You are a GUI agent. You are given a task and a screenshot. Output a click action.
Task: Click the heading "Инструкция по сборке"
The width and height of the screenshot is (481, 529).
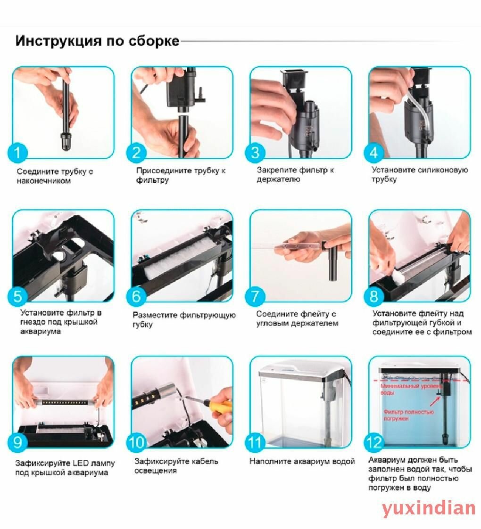pyautogui.click(x=97, y=41)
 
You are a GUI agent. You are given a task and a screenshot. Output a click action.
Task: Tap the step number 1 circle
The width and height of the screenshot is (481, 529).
pyautogui.click(x=17, y=153)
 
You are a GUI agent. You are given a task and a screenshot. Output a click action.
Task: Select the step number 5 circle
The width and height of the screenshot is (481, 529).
pyautogui.click(x=17, y=296)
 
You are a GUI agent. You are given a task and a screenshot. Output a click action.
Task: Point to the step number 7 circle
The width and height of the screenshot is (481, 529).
pyautogui.click(x=255, y=296)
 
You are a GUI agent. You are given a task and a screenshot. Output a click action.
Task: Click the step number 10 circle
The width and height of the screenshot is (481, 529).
pyautogui.click(x=136, y=442)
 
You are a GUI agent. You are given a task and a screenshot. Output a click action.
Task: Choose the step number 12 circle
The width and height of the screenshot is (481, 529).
pyautogui.click(x=374, y=442)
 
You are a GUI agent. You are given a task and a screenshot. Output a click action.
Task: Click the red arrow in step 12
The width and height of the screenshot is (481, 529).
pyautogui.click(x=435, y=401)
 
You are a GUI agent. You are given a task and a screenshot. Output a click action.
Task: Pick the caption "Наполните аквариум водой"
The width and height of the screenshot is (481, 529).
pyautogui.click(x=302, y=461)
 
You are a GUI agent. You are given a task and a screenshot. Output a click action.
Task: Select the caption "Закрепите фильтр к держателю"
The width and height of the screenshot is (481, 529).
pyautogui.click(x=295, y=174)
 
